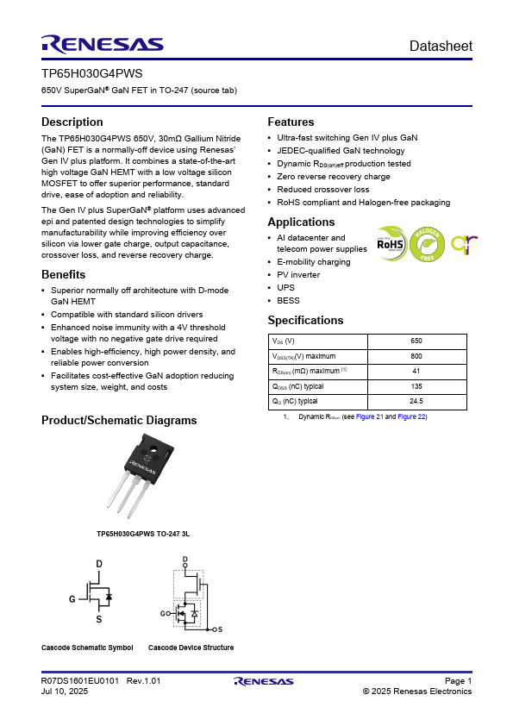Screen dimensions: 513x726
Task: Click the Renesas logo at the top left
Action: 103,45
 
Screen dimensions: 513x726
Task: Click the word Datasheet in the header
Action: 441,46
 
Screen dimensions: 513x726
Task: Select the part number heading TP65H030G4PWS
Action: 91,73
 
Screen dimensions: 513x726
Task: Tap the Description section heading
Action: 72,122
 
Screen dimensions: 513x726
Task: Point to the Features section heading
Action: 291,122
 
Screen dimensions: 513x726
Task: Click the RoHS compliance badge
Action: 391,244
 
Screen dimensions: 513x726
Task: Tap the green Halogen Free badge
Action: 427,244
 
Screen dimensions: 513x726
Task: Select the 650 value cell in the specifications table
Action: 416,341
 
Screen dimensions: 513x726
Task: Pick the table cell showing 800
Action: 416,356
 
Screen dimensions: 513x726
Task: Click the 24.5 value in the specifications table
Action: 416,401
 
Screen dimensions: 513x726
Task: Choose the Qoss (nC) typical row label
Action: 297,386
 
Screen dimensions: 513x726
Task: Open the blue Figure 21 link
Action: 370,416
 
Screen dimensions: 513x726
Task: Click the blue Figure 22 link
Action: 411,416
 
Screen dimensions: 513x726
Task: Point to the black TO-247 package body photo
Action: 149,457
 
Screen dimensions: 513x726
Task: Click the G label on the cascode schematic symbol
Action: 72,599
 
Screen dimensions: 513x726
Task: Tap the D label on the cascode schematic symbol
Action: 99,564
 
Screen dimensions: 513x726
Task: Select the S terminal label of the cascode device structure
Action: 220,629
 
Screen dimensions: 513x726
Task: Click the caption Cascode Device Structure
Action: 191,648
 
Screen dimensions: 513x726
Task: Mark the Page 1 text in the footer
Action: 458,680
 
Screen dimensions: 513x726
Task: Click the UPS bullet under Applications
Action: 285,287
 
